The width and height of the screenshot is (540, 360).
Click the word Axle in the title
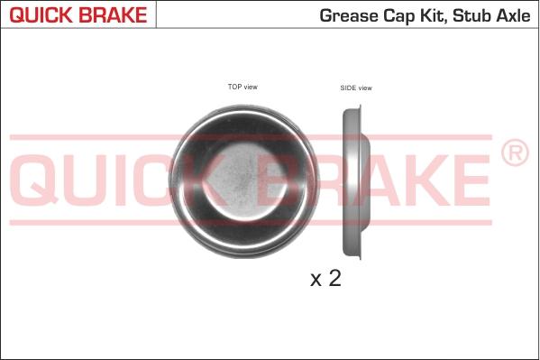coord(514,16)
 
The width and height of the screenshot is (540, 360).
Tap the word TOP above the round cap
coord(234,87)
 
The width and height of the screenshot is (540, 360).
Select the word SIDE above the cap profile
coord(348,88)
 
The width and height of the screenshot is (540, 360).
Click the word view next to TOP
coord(251,87)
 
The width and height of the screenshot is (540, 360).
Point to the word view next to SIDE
coord(365,88)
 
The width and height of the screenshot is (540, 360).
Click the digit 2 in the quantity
coord(334,279)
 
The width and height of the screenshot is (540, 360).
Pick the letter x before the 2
coord(316,281)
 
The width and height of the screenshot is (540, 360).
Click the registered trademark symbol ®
coord(514,154)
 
